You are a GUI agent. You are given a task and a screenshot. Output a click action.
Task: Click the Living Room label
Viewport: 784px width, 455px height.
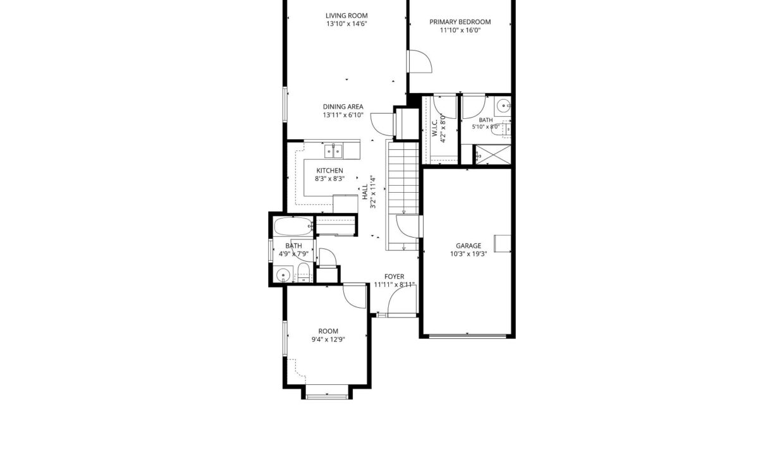pyautogui.click(x=346, y=16)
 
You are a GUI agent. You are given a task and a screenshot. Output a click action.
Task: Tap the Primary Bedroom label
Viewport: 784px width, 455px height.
pyautogui.click(x=460, y=22)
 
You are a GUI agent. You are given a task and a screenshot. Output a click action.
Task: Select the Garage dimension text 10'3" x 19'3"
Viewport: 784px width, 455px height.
pyautogui.click(x=469, y=254)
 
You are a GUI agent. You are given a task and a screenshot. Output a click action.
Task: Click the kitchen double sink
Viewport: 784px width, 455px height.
pyautogui.click(x=333, y=151)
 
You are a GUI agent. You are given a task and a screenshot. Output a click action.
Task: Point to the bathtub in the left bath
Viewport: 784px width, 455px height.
pyautogui.click(x=293, y=226)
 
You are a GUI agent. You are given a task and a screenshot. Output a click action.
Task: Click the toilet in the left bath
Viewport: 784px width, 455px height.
pyautogui.click(x=303, y=273)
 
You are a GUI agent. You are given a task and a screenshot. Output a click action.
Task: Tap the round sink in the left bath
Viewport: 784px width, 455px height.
pyautogui.click(x=283, y=275)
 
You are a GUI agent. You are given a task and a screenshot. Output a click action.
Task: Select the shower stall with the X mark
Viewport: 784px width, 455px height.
pyautogui.click(x=493, y=154)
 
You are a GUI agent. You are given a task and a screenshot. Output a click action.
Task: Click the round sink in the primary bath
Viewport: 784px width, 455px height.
pyautogui.click(x=503, y=106)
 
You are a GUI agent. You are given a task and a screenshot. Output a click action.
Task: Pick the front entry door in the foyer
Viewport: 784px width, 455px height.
pyautogui.click(x=402, y=301)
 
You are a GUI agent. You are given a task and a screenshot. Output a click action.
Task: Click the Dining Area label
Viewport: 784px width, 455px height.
pyautogui.click(x=343, y=107)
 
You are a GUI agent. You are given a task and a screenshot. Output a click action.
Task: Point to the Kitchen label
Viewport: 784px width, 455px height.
pyautogui.click(x=329, y=171)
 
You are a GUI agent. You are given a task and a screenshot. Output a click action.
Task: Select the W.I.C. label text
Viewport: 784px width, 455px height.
pyautogui.click(x=435, y=128)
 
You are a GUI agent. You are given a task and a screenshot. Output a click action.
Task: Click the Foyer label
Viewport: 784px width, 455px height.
pyautogui.click(x=394, y=277)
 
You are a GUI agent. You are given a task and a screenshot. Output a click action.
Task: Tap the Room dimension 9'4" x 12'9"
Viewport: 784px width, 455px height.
pyautogui.click(x=328, y=339)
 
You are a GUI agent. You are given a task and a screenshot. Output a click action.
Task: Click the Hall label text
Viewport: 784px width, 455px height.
pyautogui.click(x=365, y=192)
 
